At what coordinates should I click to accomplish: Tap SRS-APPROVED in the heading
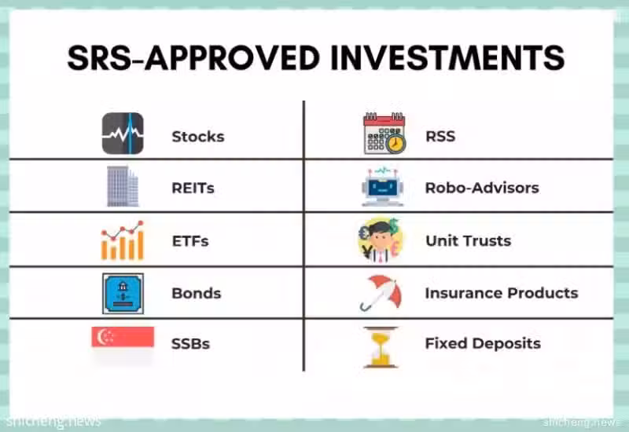193,57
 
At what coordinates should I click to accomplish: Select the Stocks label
198,137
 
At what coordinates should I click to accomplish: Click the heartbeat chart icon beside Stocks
123,134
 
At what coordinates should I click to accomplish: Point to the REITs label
193,188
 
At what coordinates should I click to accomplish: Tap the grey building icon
123,186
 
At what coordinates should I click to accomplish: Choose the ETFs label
190,241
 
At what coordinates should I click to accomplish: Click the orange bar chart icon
123,240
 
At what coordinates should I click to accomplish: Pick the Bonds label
196,293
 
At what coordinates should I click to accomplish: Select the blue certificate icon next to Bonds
123,294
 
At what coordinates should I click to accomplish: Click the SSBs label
190,344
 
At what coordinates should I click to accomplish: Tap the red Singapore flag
123,337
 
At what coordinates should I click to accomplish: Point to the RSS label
440,136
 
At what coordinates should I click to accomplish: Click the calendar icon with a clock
384,134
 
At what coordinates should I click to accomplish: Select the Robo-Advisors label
482,188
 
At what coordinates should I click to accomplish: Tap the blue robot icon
383,187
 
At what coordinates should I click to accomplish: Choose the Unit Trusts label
469,241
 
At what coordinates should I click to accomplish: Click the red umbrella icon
381,293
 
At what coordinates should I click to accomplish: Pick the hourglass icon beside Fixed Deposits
381,347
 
